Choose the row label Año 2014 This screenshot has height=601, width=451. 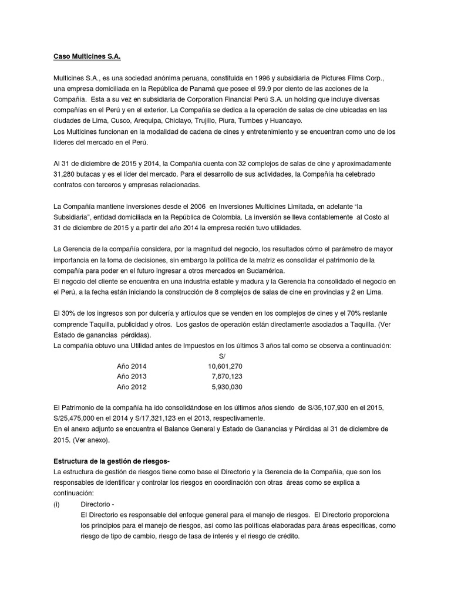[x=132, y=366]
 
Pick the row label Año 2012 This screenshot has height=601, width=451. [x=132, y=387]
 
